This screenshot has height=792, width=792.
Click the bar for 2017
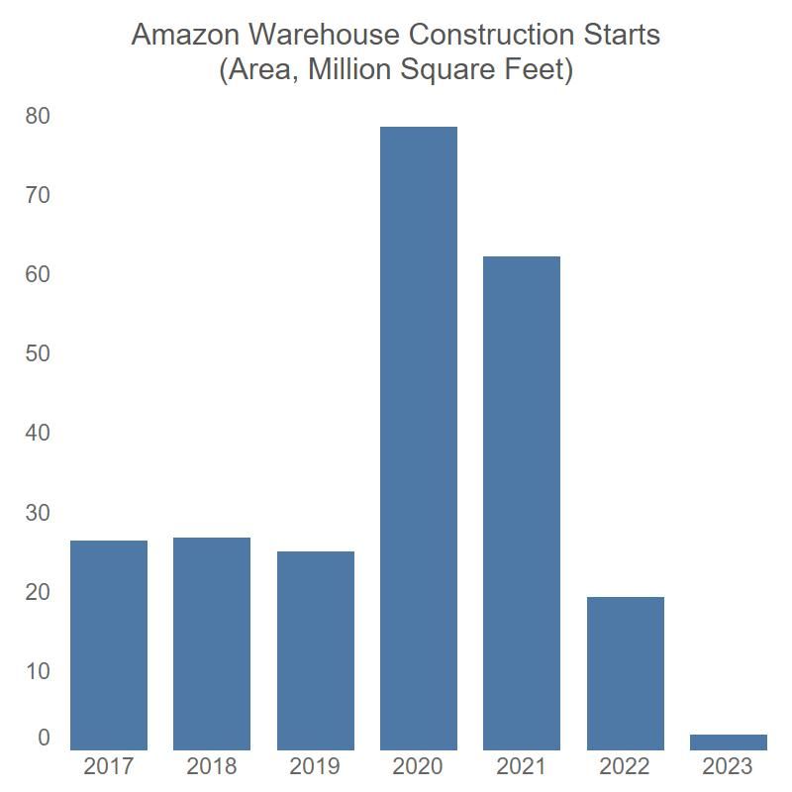tap(109, 643)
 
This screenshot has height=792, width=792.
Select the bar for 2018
tap(212, 643)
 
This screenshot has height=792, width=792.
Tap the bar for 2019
tap(316, 649)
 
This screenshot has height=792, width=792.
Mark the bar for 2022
tap(626, 673)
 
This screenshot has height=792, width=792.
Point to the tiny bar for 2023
tap(729, 742)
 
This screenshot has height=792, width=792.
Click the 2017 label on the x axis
tap(109, 766)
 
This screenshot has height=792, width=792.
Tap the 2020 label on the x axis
tap(419, 766)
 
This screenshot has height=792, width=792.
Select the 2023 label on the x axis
tap(729, 766)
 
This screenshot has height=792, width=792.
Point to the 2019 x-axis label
tap(316, 766)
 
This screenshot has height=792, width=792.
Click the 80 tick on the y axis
tap(38, 117)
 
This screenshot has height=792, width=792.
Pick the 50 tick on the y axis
tap(38, 354)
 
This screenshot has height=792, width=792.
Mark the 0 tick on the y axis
tap(44, 738)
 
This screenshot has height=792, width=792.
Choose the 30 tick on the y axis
tap(38, 513)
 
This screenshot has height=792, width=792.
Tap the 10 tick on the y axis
tap(38, 671)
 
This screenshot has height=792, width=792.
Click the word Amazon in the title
tap(185, 35)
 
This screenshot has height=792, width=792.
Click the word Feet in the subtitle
tap(540, 71)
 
